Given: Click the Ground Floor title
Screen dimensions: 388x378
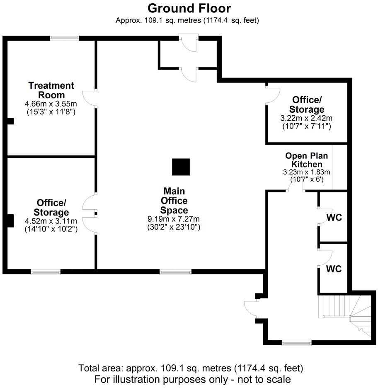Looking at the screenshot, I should click(x=189, y=8).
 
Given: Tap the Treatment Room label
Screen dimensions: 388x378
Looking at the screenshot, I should click(x=51, y=90).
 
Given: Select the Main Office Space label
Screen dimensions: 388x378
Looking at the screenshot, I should click(x=174, y=201).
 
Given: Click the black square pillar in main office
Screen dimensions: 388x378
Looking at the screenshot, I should click(x=181, y=167).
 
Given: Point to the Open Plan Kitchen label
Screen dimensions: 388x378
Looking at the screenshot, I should click(x=306, y=160).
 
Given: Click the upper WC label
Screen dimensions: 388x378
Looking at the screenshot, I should click(x=334, y=218).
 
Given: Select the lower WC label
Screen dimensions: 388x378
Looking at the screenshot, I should click(x=334, y=269).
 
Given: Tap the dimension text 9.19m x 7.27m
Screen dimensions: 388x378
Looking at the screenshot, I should click(x=174, y=219).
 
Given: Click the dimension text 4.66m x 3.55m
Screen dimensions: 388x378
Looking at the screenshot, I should click(x=51, y=104).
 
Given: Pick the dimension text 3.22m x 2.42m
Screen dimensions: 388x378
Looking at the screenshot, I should click(x=306, y=118).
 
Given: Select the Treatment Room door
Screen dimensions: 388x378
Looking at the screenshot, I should click(x=90, y=98).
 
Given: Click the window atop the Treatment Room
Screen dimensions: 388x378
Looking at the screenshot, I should click(x=65, y=38).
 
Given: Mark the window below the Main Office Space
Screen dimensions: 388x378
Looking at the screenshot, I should click(x=176, y=272).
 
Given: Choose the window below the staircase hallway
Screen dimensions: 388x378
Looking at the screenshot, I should click(x=296, y=342).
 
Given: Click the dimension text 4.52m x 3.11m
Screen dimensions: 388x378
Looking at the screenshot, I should click(x=51, y=221).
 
